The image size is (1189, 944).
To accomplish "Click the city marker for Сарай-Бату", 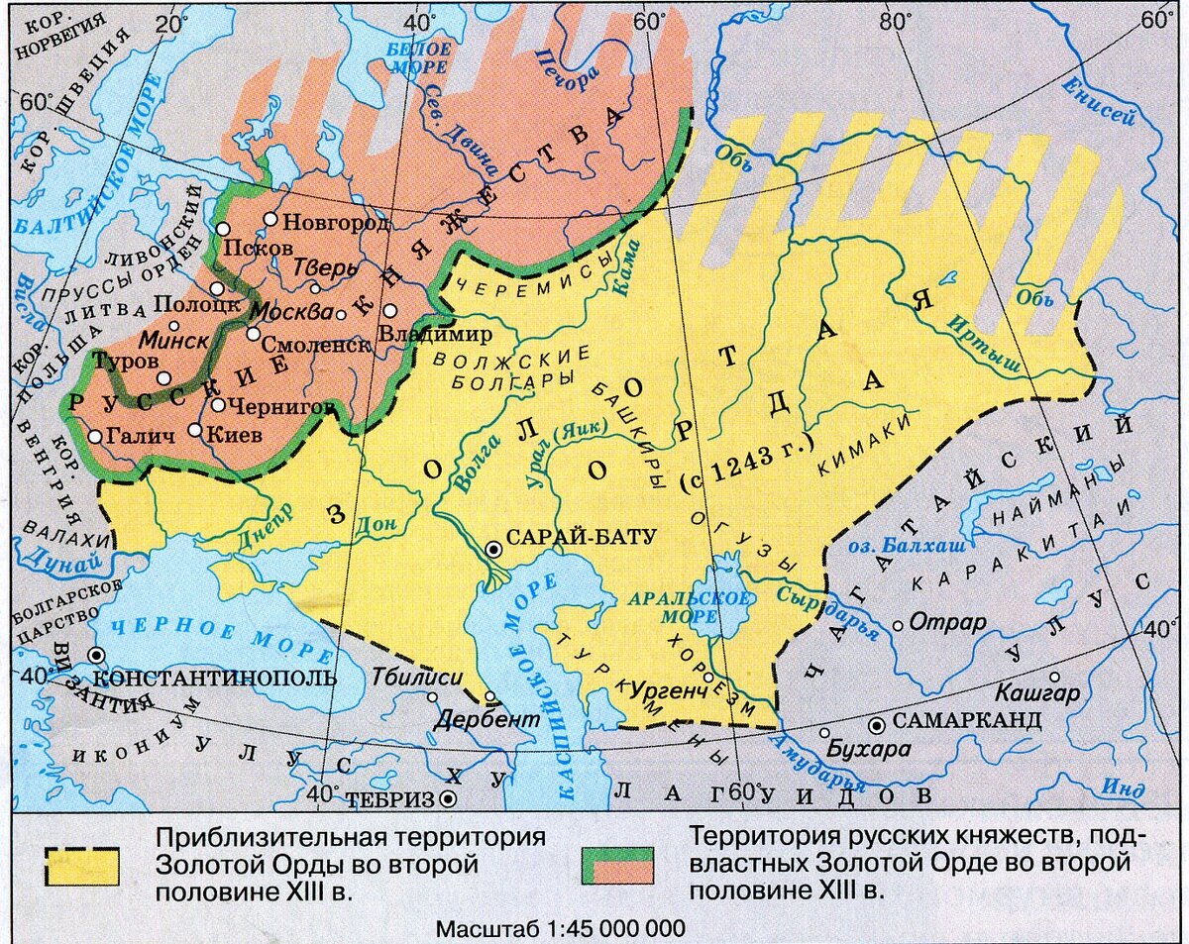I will pyautogui.click(x=492, y=549).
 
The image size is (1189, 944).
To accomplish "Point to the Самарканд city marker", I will pyautogui.click(x=876, y=725).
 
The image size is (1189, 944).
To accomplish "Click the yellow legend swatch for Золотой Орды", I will pyautogui.click(x=80, y=866).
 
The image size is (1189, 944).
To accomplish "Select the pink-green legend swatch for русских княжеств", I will pyautogui.click(x=616, y=866).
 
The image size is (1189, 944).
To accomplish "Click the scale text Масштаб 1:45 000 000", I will pyautogui.click(x=560, y=929).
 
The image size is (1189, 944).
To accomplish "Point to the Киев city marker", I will pyautogui.click(x=195, y=432).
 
